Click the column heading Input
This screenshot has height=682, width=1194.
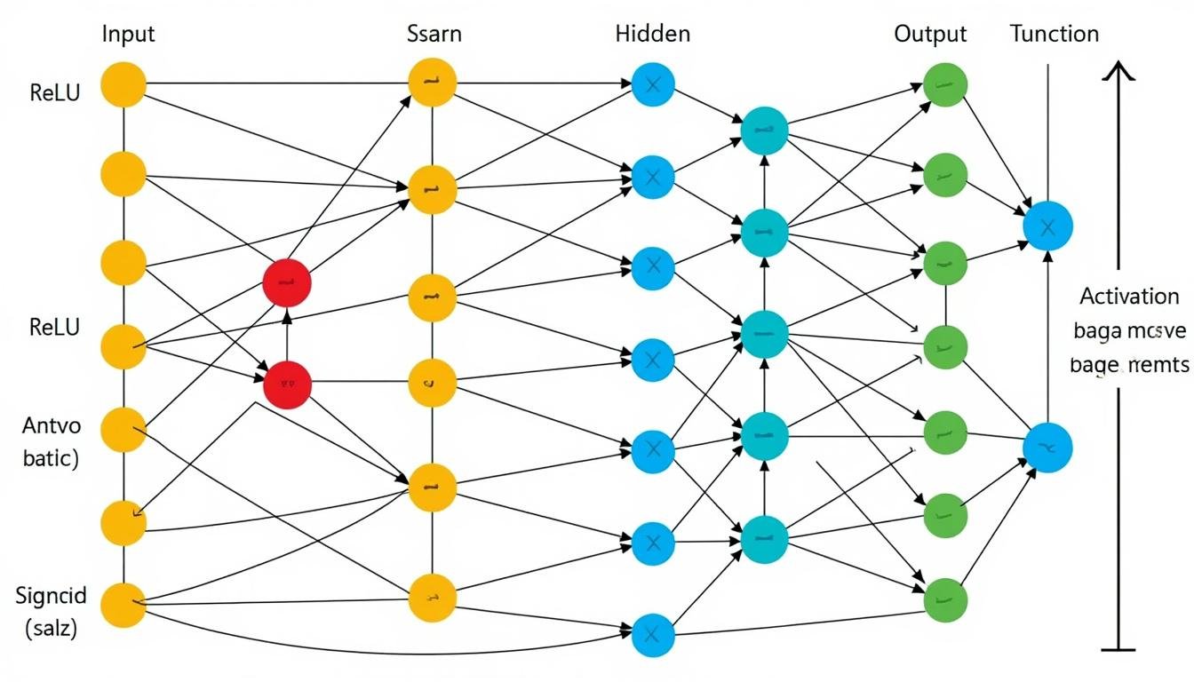pyautogui.click(x=129, y=35)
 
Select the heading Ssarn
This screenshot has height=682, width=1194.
pyautogui.click(x=434, y=35)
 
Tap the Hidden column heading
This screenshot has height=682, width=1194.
pyautogui.click(x=652, y=35)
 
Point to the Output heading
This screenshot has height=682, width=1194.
pyautogui.click(x=930, y=35)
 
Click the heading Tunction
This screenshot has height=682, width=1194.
pyautogui.click(x=1055, y=35)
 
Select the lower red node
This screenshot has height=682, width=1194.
pyautogui.click(x=288, y=385)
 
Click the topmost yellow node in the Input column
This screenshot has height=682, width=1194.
pyautogui.click(x=123, y=85)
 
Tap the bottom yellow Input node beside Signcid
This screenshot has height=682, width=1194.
pyautogui.click(x=123, y=606)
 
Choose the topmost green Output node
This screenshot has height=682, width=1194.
pyautogui.click(x=945, y=85)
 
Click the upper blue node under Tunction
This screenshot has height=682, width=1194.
pyautogui.click(x=1047, y=226)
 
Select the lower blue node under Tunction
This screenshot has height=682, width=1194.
pyautogui.click(x=1047, y=448)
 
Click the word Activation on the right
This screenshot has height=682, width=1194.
pyautogui.click(x=1129, y=297)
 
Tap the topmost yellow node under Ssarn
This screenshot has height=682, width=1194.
pyautogui.click(x=433, y=83)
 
